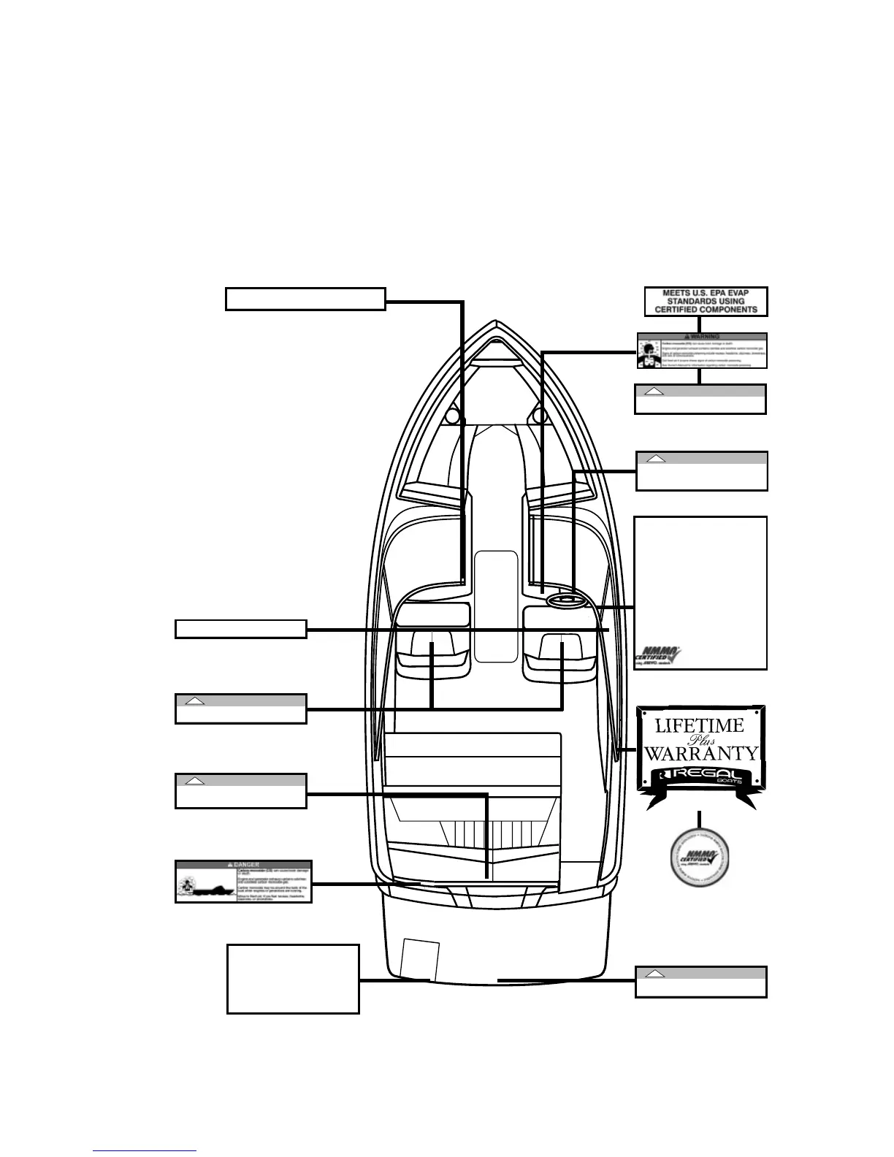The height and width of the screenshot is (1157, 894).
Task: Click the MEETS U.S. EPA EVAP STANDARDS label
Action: click(x=706, y=301)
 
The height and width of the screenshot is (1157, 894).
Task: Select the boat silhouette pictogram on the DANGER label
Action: click(x=207, y=887)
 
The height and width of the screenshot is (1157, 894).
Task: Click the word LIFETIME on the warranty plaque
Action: click(x=700, y=725)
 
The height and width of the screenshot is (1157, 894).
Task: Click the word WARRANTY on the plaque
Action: click(x=701, y=753)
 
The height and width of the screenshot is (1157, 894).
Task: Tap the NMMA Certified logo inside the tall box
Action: click(x=659, y=654)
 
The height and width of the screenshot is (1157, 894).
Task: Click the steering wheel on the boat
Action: click(x=565, y=600)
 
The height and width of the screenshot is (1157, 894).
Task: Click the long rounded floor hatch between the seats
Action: click(x=496, y=606)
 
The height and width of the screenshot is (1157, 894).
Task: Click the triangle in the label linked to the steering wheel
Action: click(x=656, y=459)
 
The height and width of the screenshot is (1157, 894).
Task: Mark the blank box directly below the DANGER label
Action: click(x=293, y=978)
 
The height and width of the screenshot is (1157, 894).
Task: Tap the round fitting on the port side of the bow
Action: click(x=453, y=416)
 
